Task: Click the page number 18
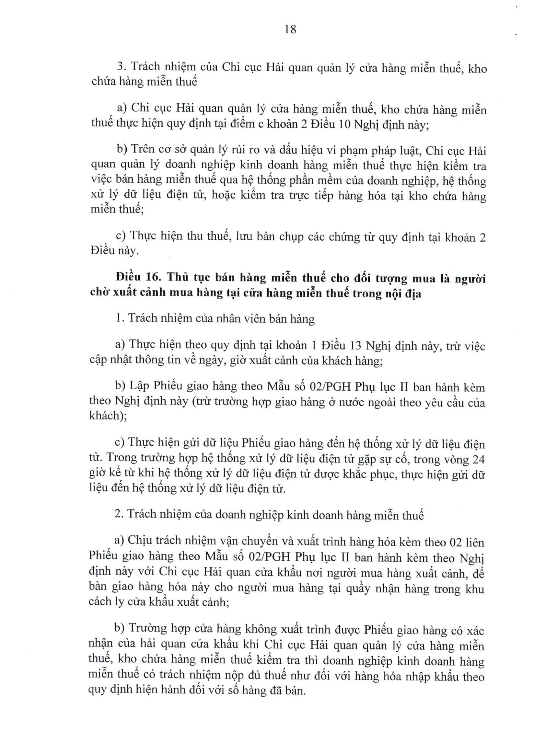point(290,29)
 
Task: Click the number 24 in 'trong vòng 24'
point(478,459)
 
